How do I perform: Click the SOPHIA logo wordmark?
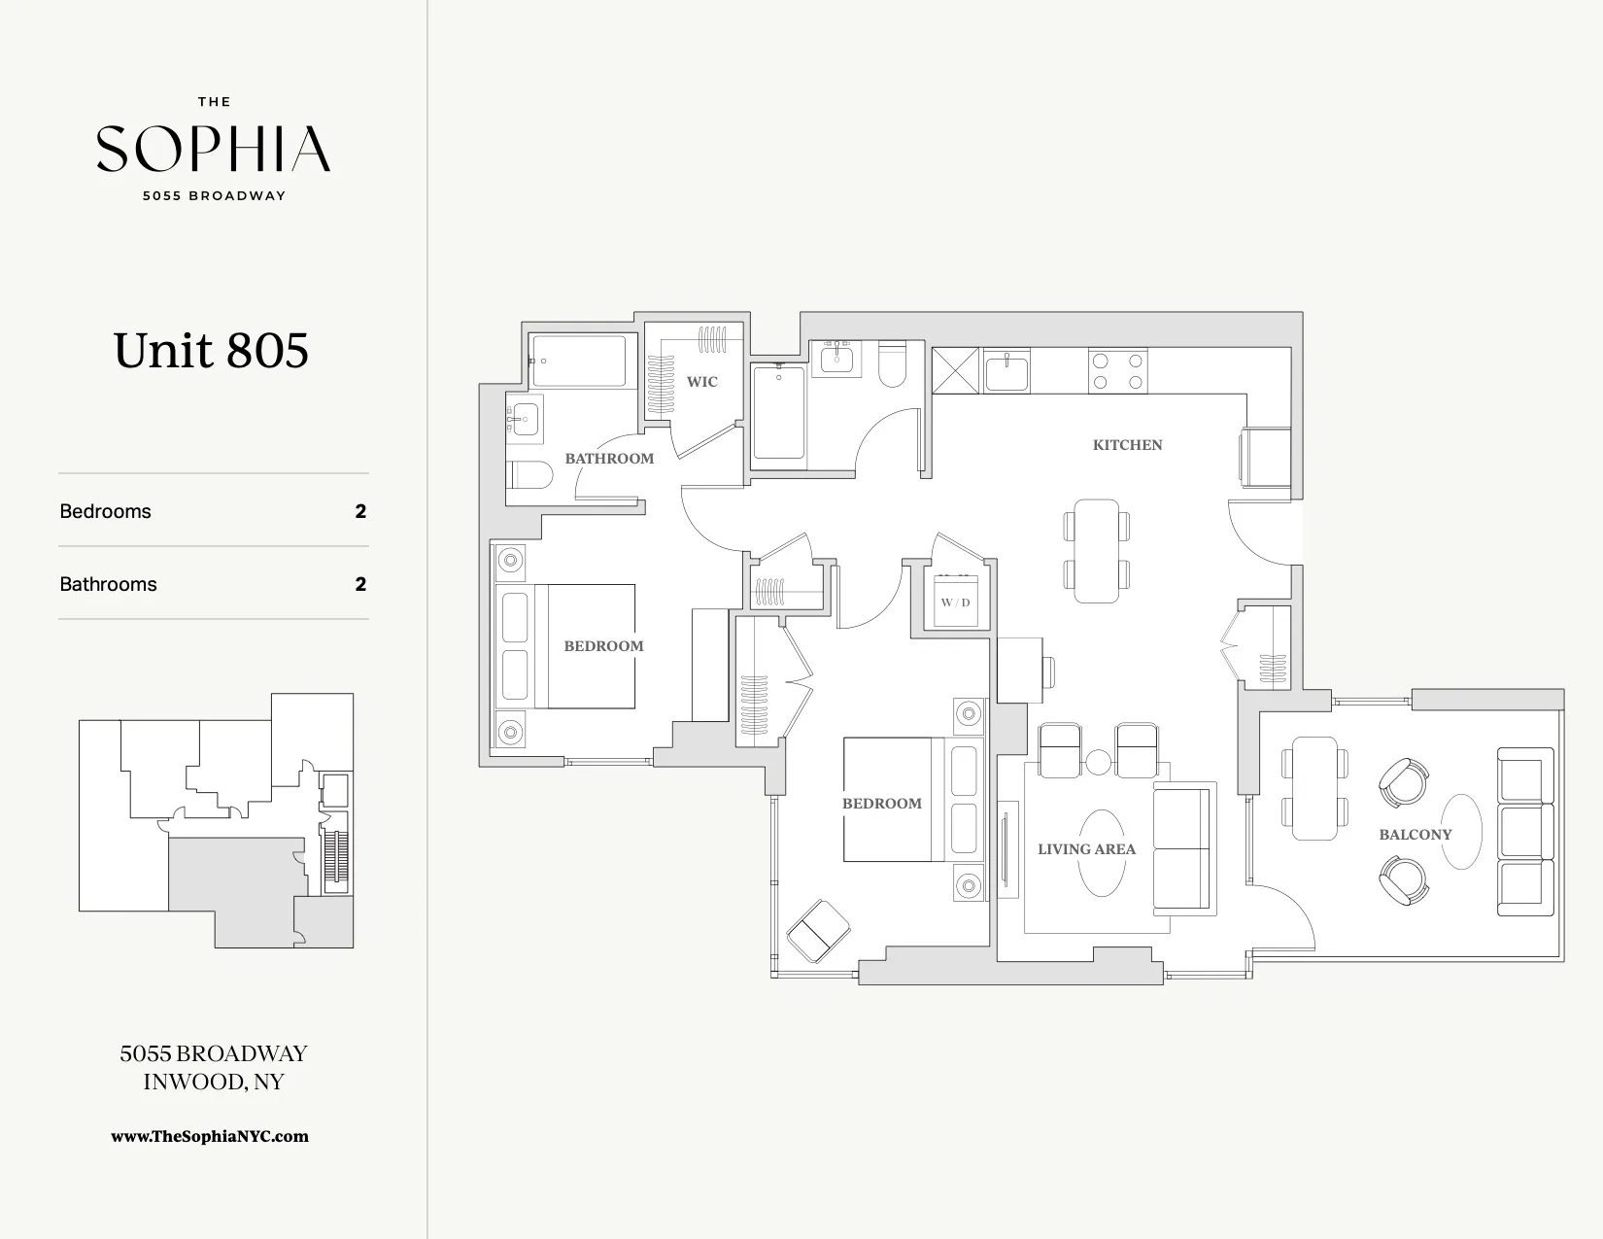[x=213, y=149]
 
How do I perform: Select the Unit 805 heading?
[x=211, y=351]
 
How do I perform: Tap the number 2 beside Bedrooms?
[x=360, y=511]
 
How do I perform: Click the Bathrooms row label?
[x=108, y=584]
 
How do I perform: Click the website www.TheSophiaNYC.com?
[x=210, y=1136]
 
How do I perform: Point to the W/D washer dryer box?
[x=955, y=602]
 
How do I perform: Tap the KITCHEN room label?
[x=1127, y=445]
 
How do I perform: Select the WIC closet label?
[x=701, y=382]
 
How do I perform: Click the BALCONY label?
[x=1415, y=835]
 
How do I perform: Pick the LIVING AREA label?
[x=1085, y=849]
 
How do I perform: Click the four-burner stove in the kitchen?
[x=1117, y=370]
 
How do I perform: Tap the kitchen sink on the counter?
[x=1006, y=372]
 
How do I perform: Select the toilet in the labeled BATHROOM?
[x=529, y=475]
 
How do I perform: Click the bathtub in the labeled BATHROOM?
[x=579, y=361]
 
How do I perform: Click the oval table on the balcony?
[x=1460, y=832]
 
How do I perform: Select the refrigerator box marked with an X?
[x=955, y=370]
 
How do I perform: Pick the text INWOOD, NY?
[x=213, y=1083]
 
